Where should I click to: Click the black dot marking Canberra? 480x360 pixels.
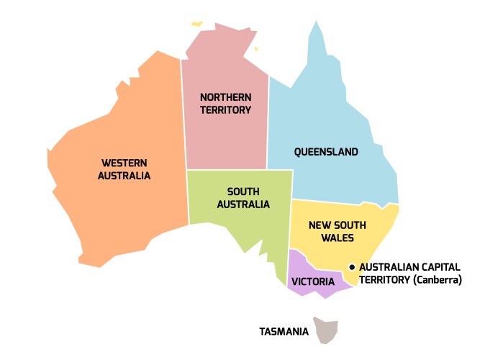tap(352, 267)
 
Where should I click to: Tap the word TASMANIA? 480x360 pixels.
tap(284, 332)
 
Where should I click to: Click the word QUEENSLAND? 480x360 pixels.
tap(326, 152)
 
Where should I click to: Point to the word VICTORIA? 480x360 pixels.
tap(314, 281)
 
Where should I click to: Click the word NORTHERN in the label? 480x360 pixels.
tap(225, 97)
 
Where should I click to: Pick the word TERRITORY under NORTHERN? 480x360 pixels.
tap(225, 110)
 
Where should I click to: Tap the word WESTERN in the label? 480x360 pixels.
tap(125, 163)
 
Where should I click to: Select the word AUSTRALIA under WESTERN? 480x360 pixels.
tap(125, 176)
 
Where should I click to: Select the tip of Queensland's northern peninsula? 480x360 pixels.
tap(315, 23)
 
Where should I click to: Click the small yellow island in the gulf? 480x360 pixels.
tap(255, 49)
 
